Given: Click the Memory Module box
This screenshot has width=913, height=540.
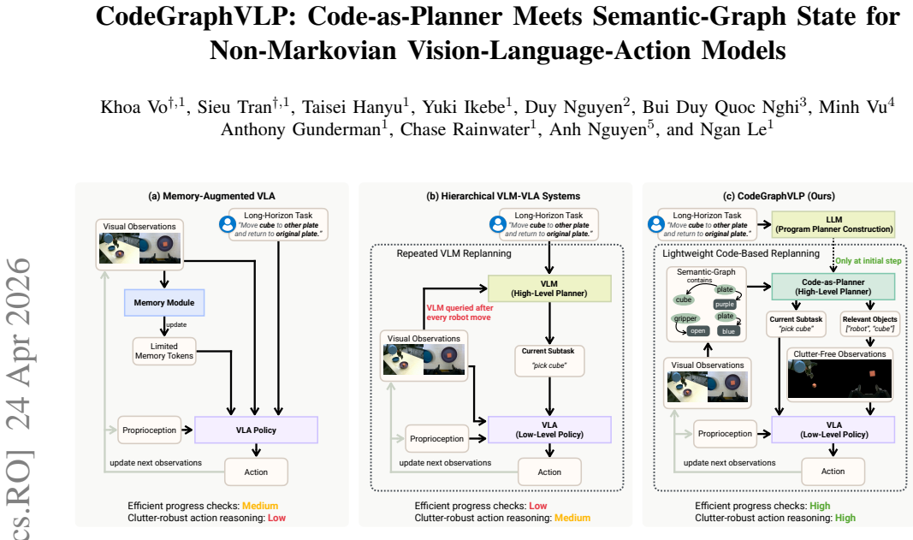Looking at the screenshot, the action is pos(164,303).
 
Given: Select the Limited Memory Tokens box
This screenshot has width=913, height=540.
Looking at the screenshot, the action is pos(164,351).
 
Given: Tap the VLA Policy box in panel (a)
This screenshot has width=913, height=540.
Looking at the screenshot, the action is pos(256,430).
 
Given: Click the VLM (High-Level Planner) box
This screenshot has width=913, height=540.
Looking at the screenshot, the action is pos(549,288).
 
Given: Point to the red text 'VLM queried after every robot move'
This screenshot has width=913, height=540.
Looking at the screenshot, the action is pos(459,312).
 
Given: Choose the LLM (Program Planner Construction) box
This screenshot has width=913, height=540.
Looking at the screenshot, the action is pos(833,224).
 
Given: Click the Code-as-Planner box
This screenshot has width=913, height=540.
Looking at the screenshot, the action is pos(833,287).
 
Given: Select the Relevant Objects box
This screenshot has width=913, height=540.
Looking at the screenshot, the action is pos(870,323).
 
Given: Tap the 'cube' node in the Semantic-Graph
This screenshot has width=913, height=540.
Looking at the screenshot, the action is pos(684,300).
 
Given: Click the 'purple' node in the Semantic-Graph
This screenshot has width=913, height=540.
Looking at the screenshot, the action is pos(725,304).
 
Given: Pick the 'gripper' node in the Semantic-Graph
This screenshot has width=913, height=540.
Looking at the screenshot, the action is pos(685,318).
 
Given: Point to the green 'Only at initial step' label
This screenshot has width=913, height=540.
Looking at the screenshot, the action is pos(869,261).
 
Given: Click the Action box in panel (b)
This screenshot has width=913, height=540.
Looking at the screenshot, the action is pos(549,472).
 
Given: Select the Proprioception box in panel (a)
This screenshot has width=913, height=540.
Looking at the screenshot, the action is pos(149,430).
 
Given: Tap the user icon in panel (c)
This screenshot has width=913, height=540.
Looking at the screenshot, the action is pos(656,224).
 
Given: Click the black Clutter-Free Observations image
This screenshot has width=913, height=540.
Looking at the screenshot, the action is pos(839,378).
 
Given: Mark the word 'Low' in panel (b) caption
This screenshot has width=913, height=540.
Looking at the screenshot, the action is pos(538,506).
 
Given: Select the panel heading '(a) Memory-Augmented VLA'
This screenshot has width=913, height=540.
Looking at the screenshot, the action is pos(211,196).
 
